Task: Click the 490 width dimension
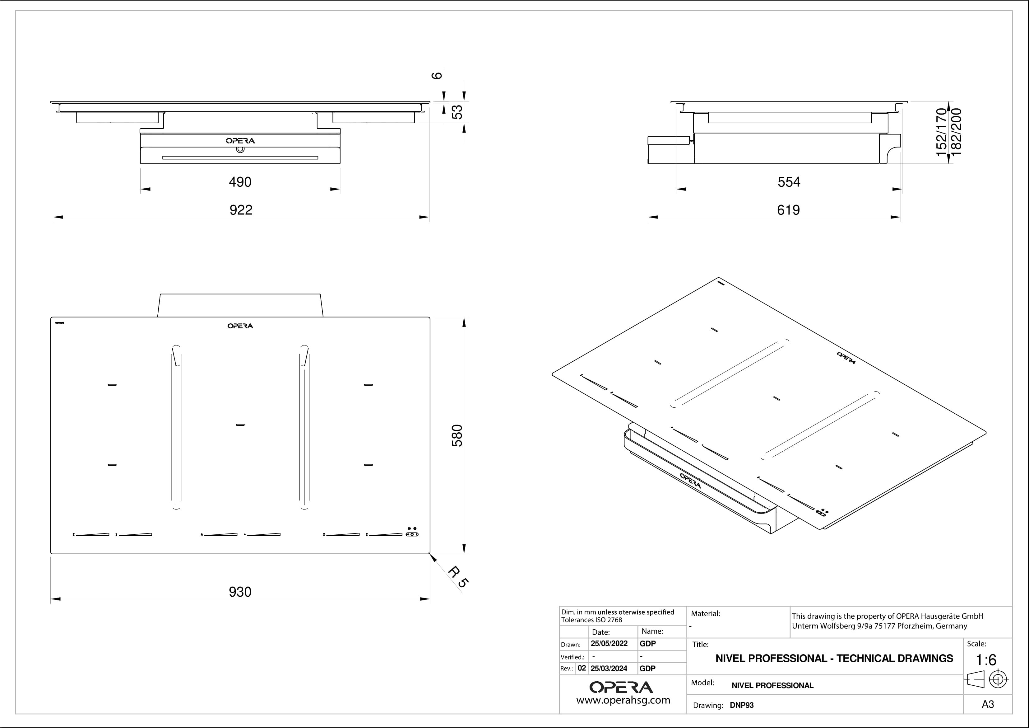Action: (240, 182)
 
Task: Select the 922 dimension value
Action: (241, 210)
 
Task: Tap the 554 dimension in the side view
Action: (789, 182)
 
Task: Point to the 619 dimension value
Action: (788, 210)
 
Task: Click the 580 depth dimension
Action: (457, 435)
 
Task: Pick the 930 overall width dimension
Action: (240, 592)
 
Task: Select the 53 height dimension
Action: (457, 112)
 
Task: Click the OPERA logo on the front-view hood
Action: (240, 141)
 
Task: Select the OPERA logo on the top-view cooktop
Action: (240, 326)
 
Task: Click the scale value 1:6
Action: (986, 660)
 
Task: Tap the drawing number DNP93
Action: (742, 705)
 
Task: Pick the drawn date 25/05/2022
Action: (609, 643)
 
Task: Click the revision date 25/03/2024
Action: (609, 668)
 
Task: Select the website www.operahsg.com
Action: (623, 700)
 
